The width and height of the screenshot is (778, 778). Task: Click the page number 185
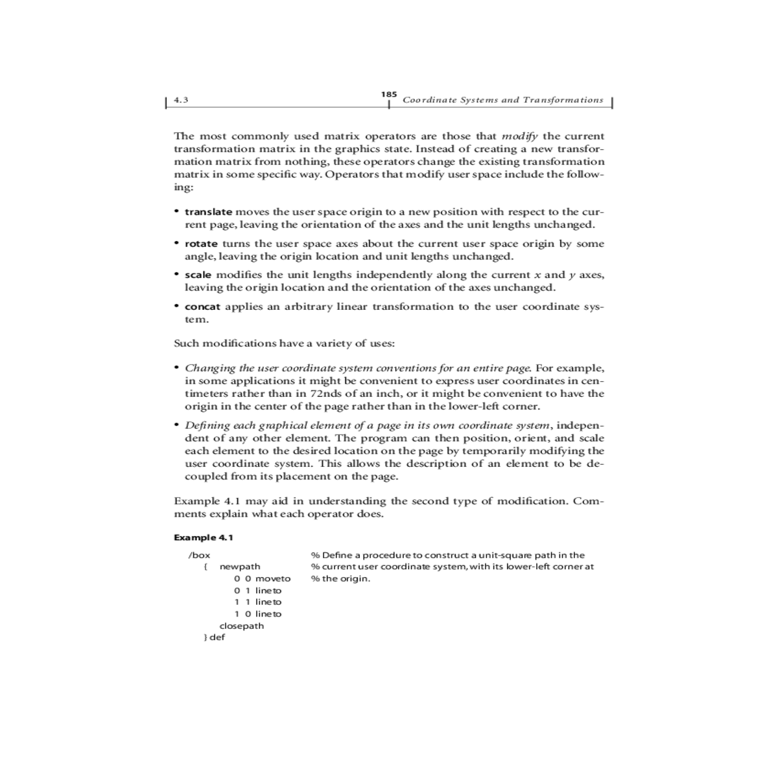pyautogui.click(x=389, y=95)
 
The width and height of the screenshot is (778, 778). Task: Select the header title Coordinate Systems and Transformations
pyautogui.click(x=502, y=100)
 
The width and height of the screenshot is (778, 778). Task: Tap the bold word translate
pyautogui.click(x=208, y=212)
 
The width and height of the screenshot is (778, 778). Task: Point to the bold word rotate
pyautogui.click(x=201, y=244)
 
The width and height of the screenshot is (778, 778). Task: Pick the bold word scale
pyautogui.click(x=198, y=275)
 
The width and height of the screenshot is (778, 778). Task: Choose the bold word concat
pyautogui.click(x=202, y=307)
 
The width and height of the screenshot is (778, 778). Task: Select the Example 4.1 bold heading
pyautogui.click(x=204, y=537)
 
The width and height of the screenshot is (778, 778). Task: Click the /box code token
pyautogui.click(x=199, y=555)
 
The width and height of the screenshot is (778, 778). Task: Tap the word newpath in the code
pyautogui.click(x=240, y=567)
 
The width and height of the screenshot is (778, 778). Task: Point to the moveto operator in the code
pyautogui.click(x=273, y=578)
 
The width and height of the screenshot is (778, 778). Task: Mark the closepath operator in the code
pyautogui.click(x=242, y=626)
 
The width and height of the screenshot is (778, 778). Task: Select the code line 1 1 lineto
pyautogui.click(x=258, y=602)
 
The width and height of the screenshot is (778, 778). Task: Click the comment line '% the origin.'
pyautogui.click(x=340, y=578)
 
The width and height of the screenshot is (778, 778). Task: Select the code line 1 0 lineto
pyautogui.click(x=258, y=614)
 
